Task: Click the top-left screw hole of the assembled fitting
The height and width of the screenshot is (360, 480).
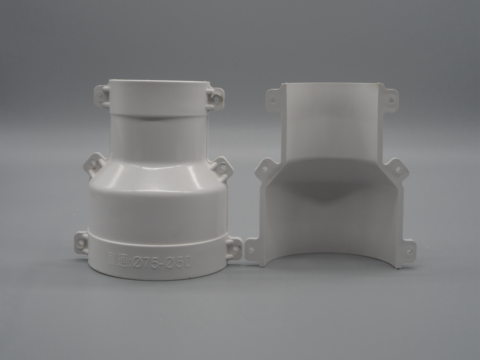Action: coord(101,94)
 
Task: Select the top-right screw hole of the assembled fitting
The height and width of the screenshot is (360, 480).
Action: coord(217,99)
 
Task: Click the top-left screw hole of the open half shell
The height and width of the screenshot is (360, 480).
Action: coord(273,100)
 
